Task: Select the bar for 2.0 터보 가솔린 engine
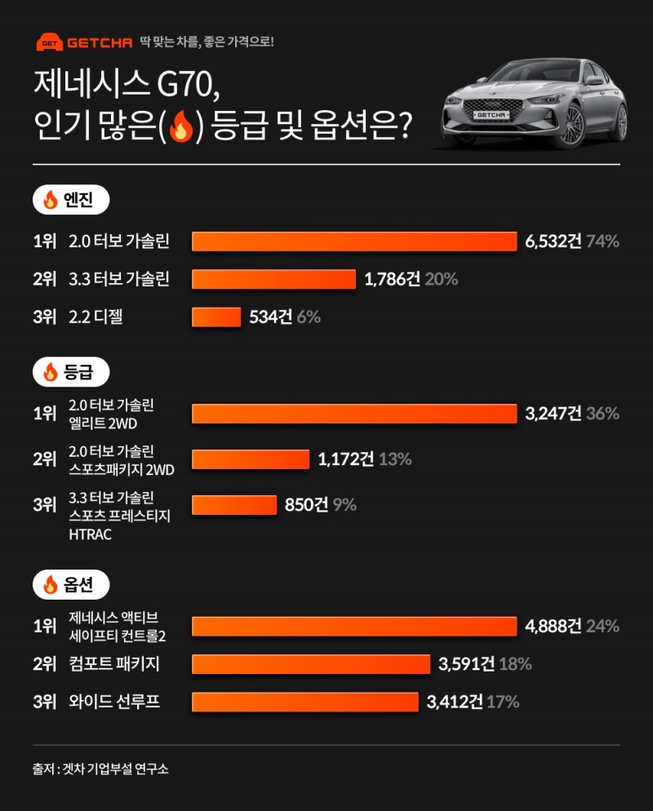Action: click(x=354, y=242)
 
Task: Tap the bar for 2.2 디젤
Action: click(x=216, y=317)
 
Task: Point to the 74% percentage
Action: click(x=603, y=242)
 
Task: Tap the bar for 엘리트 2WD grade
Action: click(x=354, y=414)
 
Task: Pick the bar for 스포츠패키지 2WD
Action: click(x=251, y=459)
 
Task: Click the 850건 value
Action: click(x=306, y=505)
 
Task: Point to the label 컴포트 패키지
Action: click(x=113, y=664)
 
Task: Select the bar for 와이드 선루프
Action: click(x=304, y=702)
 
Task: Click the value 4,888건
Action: click(x=553, y=627)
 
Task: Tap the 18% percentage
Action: click(x=515, y=664)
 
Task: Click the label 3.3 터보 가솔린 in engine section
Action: click(x=119, y=280)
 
